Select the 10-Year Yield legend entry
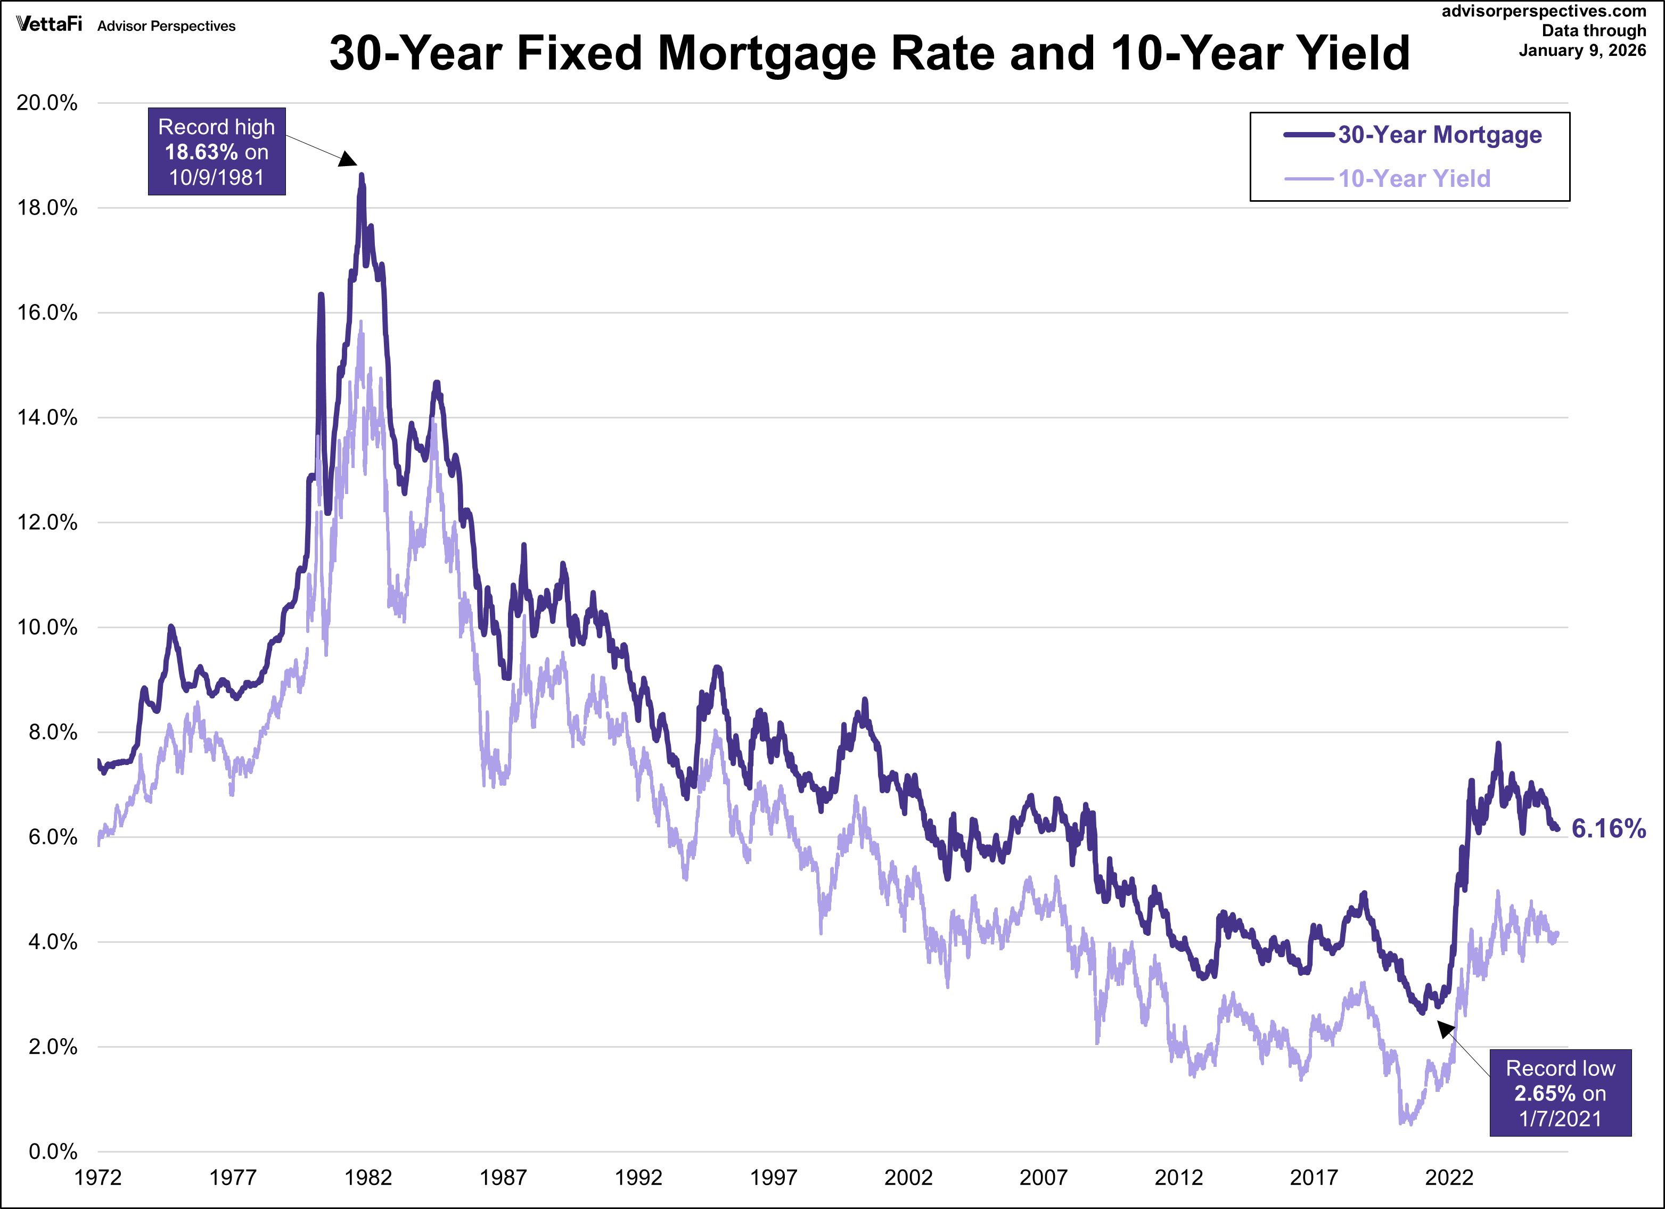pos(1414,179)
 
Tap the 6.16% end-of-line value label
pos(1607,829)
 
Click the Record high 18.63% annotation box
pos(217,152)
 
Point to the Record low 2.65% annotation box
pos(1560,1093)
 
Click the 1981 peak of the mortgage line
pos(361,176)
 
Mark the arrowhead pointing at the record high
pos(349,159)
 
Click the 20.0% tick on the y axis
pos(47,103)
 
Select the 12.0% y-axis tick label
pos(47,523)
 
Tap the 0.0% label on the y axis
pos(52,1152)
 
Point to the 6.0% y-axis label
pos(52,837)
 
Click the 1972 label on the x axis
pos(97,1178)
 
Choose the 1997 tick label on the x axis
pos(773,1178)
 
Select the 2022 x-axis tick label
pos(1448,1178)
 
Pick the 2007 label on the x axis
pos(1043,1178)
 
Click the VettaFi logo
pos(49,24)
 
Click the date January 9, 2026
pos(1582,51)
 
